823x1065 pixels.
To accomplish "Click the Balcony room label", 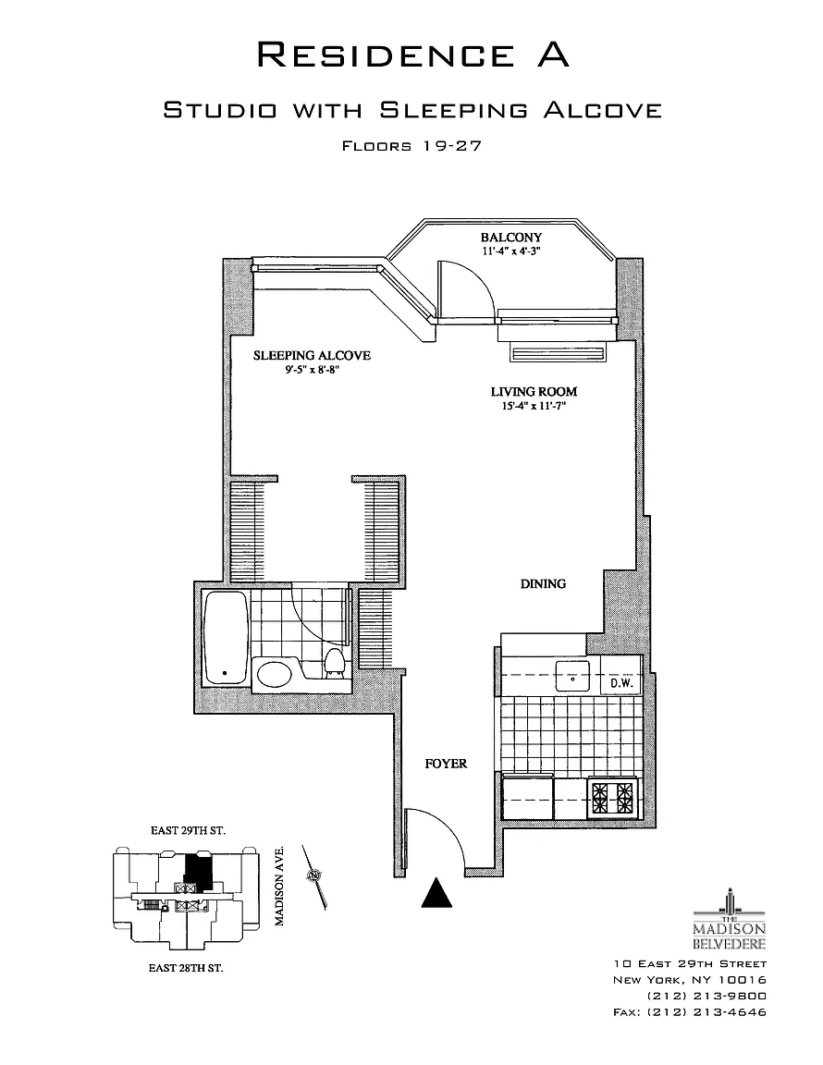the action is [x=511, y=238].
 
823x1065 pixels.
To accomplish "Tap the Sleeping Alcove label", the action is [x=312, y=355].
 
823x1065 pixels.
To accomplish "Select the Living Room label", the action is [x=528, y=391].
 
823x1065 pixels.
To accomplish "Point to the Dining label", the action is [x=543, y=583].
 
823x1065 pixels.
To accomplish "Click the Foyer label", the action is [x=446, y=764].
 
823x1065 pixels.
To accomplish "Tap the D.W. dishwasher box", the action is [x=619, y=684].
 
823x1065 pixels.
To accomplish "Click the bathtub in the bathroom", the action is [x=227, y=637].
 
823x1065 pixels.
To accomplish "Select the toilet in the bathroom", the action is [x=335, y=664].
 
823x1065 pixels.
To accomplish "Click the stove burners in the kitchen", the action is [x=613, y=796].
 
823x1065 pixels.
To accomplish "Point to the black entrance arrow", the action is [x=436, y=892].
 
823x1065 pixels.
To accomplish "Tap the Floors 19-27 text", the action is [x=411, y=146].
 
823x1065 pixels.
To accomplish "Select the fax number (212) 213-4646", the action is [x=690, y=1011].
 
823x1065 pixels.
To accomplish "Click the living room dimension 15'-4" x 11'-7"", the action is [x=528, y=406].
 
